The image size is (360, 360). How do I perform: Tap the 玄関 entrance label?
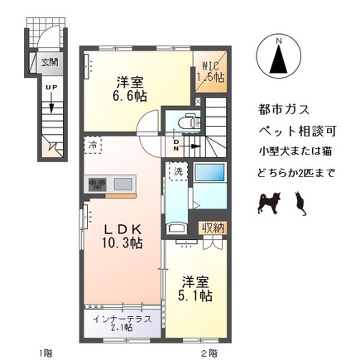tap(50, 61)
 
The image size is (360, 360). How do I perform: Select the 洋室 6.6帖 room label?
tap(129, 89)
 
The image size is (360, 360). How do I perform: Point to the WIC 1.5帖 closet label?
tap(209, 70)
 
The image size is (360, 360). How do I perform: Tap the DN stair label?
tap(176, 146)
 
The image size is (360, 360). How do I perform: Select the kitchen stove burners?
tap(96, 183)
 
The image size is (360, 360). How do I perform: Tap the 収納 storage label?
tap(211, 228)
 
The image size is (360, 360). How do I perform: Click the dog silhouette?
tap(269, 201)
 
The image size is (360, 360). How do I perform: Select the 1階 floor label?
tap(45, 352)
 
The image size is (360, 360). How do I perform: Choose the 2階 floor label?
tap(209, 352)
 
